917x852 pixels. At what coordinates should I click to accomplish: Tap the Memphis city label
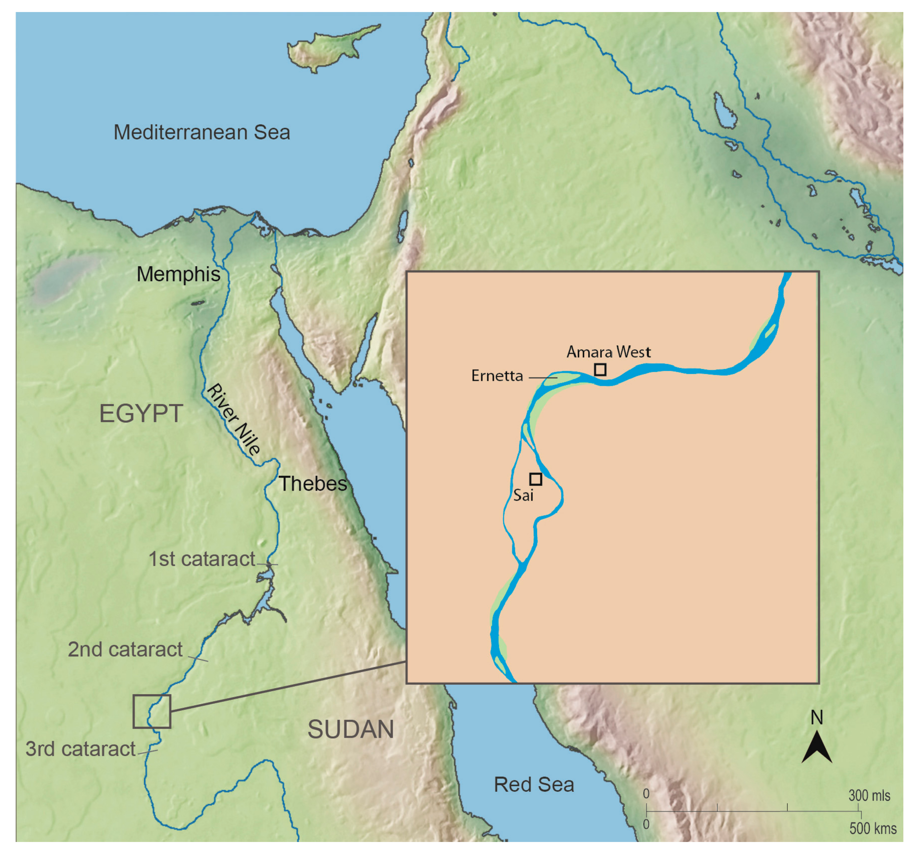[178, 274]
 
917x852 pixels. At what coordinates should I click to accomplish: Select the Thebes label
[313, 484]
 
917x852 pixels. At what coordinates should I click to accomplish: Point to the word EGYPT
[141, 414]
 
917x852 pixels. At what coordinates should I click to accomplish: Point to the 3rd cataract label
[80, 749]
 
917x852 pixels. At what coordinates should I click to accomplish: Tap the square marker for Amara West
[600, 369]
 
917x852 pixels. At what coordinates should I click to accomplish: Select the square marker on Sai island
[535, 479]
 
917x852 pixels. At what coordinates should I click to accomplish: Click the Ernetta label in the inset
[497, 376]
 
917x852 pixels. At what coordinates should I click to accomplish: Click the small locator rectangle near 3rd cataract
[152, 711]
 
